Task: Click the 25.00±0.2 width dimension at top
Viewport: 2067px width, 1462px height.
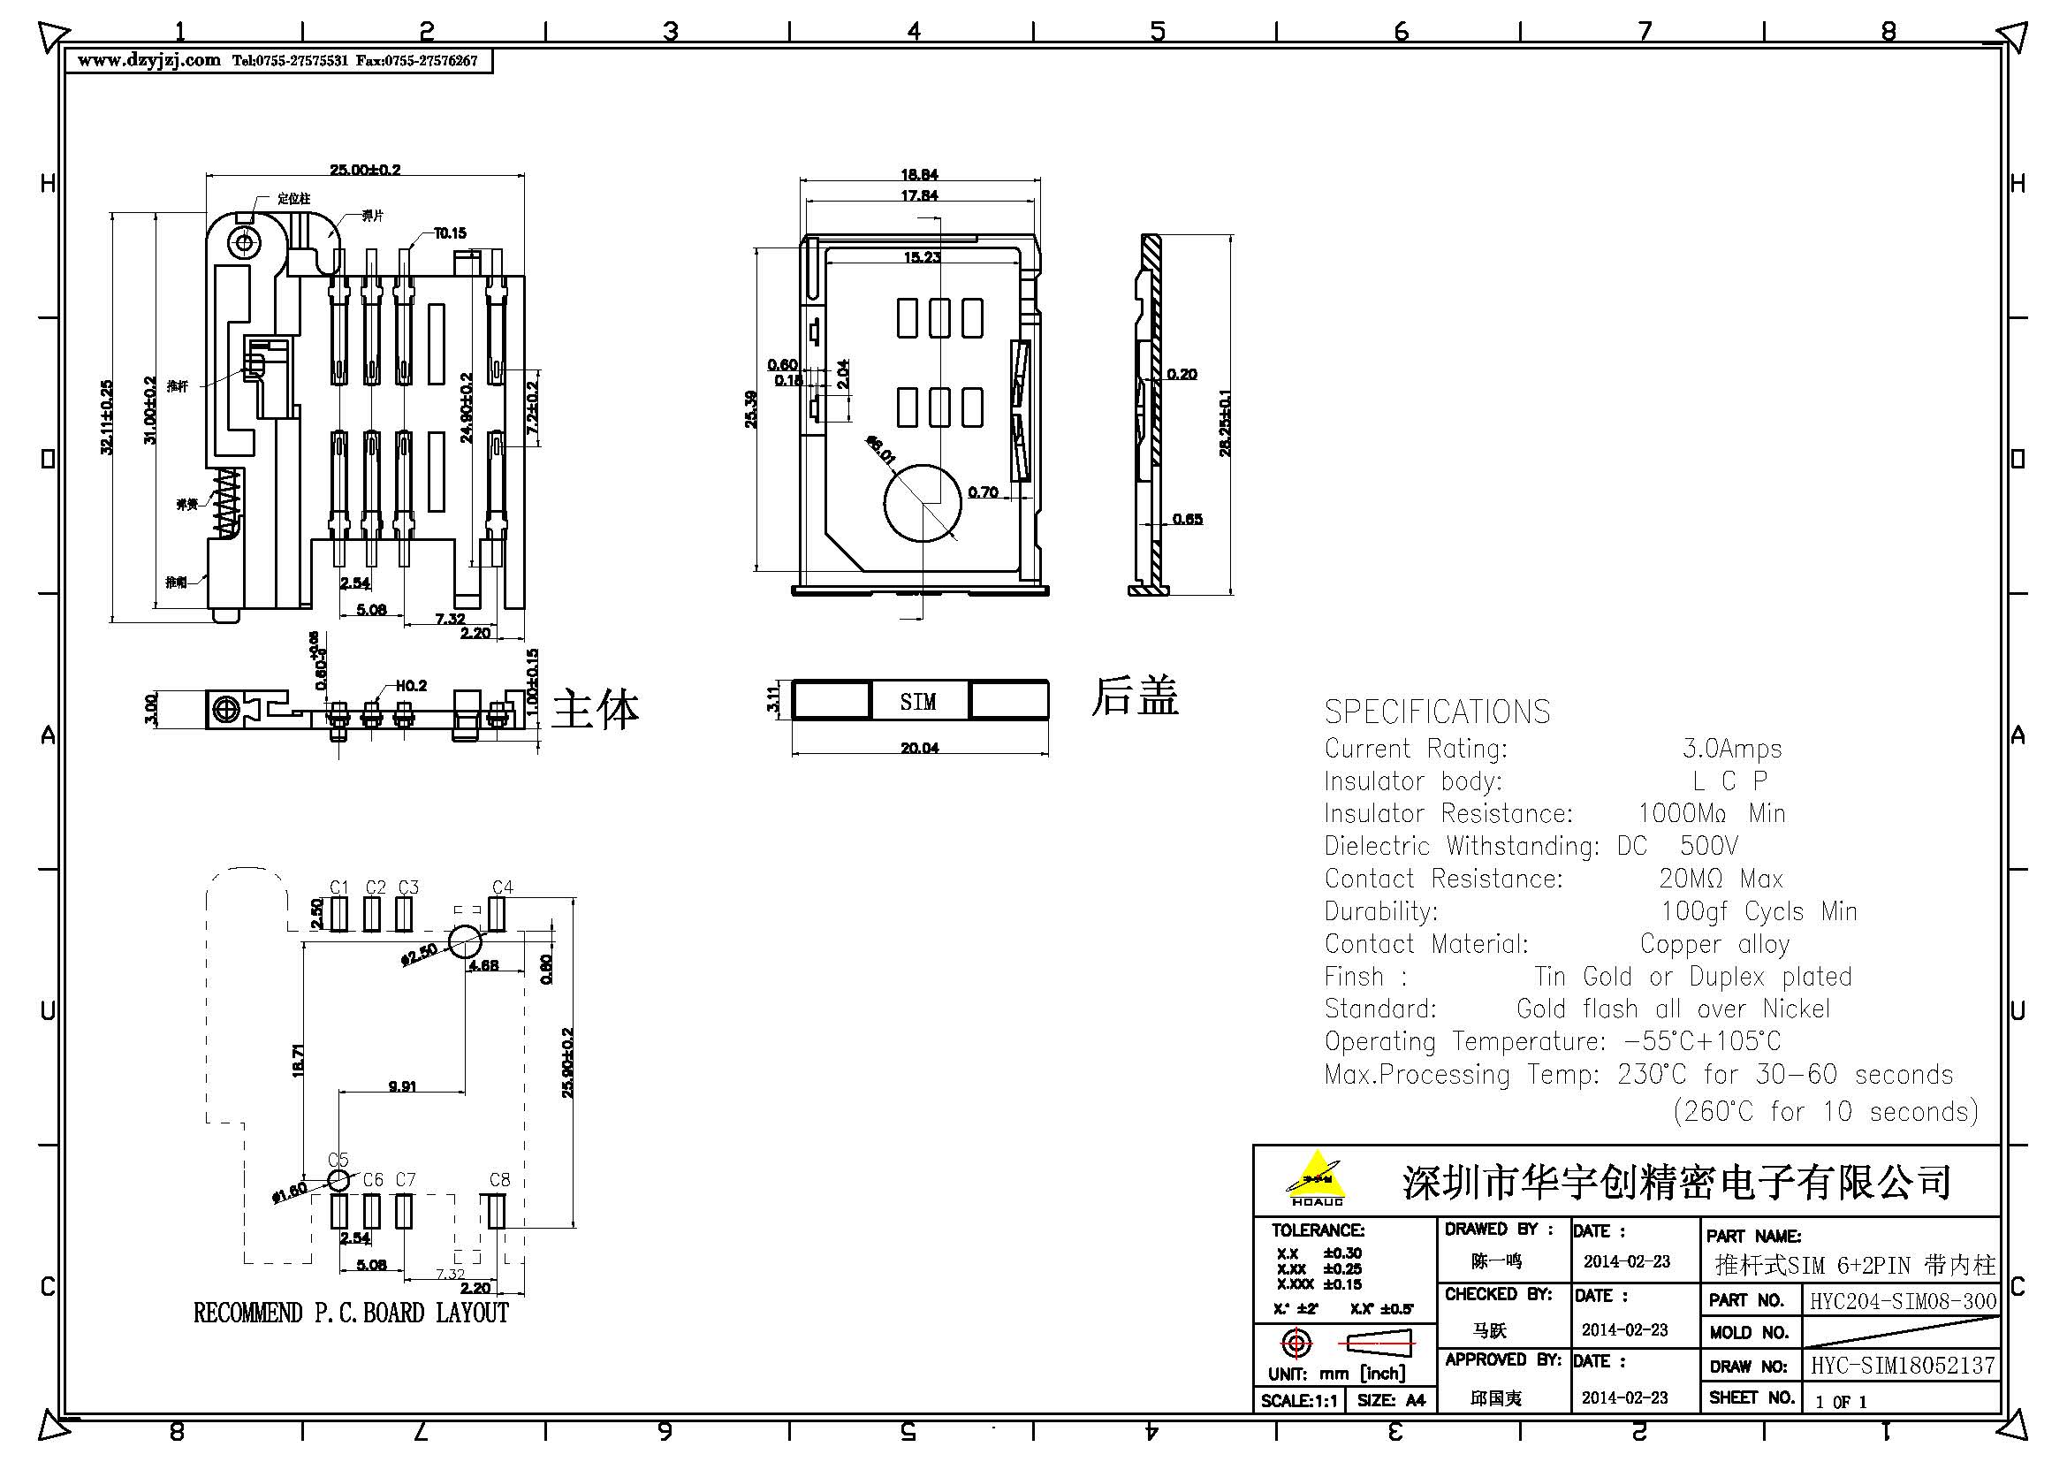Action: pos(365,169)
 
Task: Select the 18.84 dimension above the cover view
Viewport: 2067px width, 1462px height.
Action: pos(918,175)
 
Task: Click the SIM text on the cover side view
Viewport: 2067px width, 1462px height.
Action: pos(917,701)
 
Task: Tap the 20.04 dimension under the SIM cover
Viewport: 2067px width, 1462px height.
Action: pos(919,748)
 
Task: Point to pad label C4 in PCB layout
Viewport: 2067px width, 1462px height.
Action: pos(502,887)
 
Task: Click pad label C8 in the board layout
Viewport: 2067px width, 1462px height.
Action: pos(499,1179)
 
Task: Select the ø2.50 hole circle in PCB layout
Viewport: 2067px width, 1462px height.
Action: pos(465,942)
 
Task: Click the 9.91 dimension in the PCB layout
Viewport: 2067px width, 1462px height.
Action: pos(401,1086)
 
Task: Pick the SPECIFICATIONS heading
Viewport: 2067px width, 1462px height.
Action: pos(1437,712)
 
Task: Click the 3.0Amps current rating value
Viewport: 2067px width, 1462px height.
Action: pos(1731,749)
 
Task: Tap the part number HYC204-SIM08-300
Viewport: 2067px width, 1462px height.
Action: pos(1903,1301)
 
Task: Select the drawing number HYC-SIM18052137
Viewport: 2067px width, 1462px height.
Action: pos(1903,1366)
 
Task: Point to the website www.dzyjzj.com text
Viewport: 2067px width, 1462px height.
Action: pos(148,60)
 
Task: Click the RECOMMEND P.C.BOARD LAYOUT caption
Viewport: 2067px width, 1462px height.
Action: pos(351,1314)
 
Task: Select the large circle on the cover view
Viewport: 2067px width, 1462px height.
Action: pos(922,503)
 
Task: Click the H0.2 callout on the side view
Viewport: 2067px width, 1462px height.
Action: pos(411,686)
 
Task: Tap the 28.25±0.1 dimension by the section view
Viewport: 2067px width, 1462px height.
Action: pos(1224,423)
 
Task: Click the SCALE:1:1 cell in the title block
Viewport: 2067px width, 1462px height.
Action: pos(1299,1401)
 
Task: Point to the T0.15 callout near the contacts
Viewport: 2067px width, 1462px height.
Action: pos(449,233)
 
